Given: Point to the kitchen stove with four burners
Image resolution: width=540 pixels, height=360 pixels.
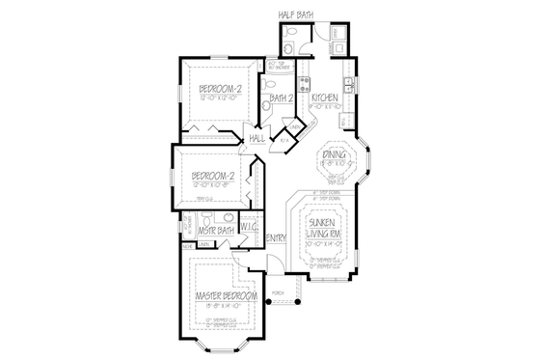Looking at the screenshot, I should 304,83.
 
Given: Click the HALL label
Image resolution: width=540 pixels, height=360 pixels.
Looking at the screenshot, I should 257,139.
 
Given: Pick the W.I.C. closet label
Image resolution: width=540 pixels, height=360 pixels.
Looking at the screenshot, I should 248,229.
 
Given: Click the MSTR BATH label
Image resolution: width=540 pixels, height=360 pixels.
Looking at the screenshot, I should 217,232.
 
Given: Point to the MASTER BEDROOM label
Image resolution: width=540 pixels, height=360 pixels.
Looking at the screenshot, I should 225,295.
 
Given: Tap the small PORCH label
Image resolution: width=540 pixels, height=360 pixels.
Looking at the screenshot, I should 278,290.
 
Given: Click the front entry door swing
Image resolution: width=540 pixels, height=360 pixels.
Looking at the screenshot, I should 258,261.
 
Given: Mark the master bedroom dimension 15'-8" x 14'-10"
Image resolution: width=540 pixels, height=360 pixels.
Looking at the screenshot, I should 225,305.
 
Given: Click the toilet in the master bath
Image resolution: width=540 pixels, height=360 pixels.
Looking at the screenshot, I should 220,217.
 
